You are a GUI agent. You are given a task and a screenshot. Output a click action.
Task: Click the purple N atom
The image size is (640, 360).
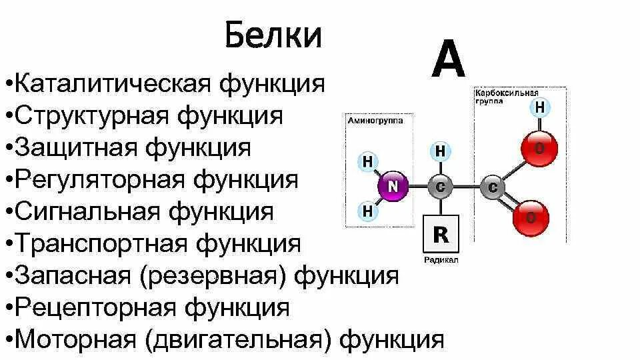393,189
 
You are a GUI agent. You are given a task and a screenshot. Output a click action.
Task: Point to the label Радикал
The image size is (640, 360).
440,261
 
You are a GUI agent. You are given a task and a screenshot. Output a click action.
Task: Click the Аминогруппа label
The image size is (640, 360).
370,121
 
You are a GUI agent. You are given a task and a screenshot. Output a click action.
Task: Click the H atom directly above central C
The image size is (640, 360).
440,151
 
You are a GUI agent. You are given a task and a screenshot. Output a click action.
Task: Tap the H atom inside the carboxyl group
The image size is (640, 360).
540,107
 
